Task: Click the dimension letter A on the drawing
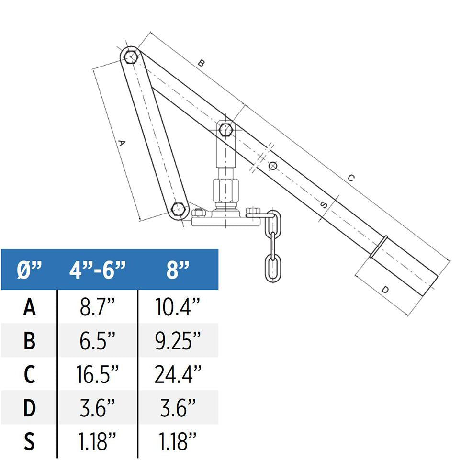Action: (121, 143)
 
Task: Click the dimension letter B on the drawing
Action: (202, 63)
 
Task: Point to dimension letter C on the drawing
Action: (351, 178)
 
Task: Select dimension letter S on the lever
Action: (324, 205)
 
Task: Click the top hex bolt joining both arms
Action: (130, 57)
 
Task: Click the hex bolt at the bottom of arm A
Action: (178, 209)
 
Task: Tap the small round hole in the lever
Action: (273, 166)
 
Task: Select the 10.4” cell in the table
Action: (178, 307)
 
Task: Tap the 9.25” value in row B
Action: (178, 340)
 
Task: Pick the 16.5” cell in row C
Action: (98, 374)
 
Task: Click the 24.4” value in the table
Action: (178, 374)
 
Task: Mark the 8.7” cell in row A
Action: (98, 307)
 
